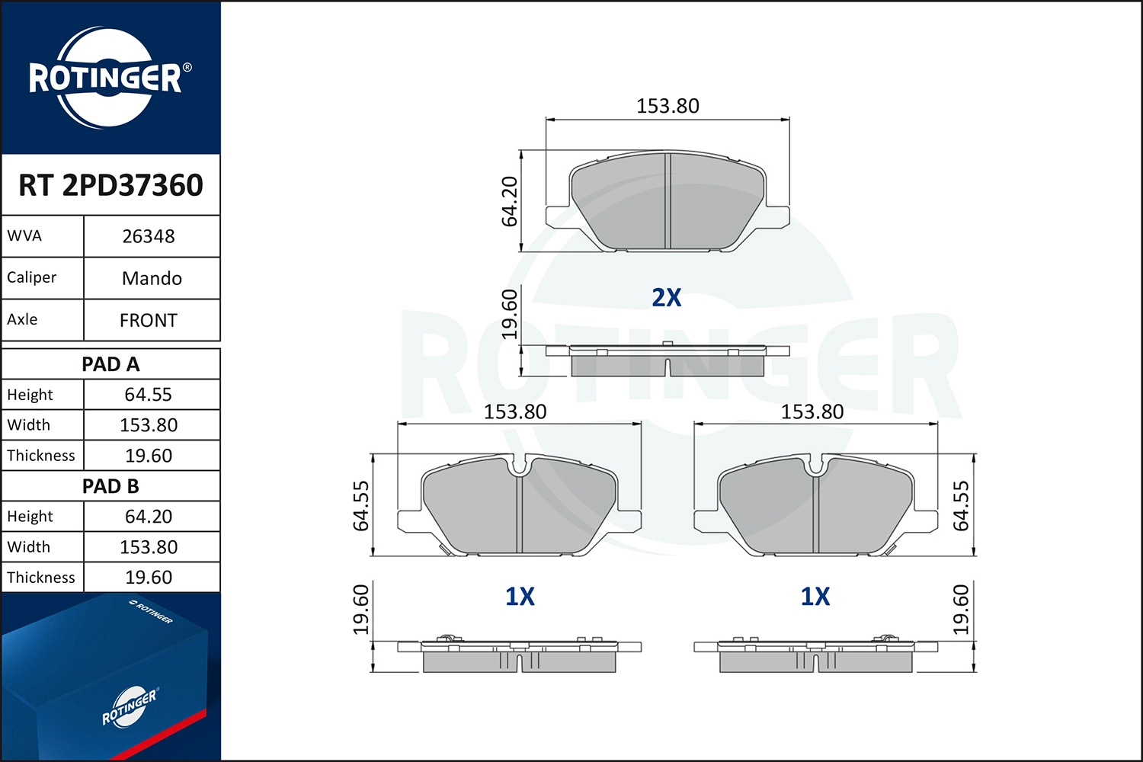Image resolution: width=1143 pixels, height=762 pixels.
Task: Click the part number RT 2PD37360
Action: tap(110, 184)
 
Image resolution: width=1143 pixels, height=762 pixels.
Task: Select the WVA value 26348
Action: tap(149, 236)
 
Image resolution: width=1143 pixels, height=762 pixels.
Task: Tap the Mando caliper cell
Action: tap(152, 278)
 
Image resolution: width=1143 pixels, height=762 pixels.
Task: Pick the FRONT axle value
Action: tap(149, 320)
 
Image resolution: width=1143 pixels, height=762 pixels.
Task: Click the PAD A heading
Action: tap(110, 364)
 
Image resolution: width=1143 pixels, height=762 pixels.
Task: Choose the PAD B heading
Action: tap(110, 486)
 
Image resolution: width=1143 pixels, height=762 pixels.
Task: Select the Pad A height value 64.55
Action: tap(149, 395)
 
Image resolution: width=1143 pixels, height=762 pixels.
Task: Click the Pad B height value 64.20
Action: tap(149, 517)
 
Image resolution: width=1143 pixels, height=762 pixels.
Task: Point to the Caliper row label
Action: tap(31, 277)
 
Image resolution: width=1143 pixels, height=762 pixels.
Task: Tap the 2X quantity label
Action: tap(667, 297)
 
